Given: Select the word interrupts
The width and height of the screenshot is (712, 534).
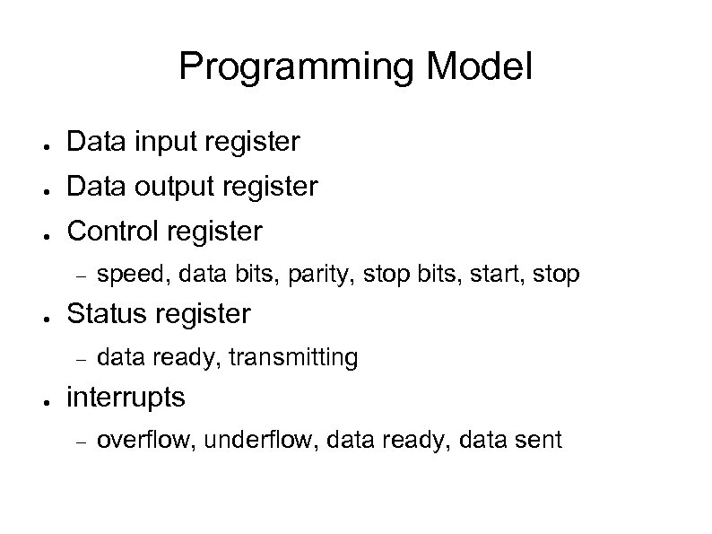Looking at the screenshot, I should pyautogui.click(x=126, y=397).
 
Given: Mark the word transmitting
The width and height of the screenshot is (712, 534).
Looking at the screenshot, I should pyautogui.click(x=293, y=357).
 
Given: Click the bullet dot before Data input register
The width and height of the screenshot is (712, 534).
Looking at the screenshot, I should pyautogui.click(x=45, y=144).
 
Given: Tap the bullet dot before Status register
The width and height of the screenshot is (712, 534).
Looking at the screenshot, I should pyautogui.click(x=45, y=317).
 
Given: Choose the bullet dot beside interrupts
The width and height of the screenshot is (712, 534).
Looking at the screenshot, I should pyautogui.click(x=45, y=399).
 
